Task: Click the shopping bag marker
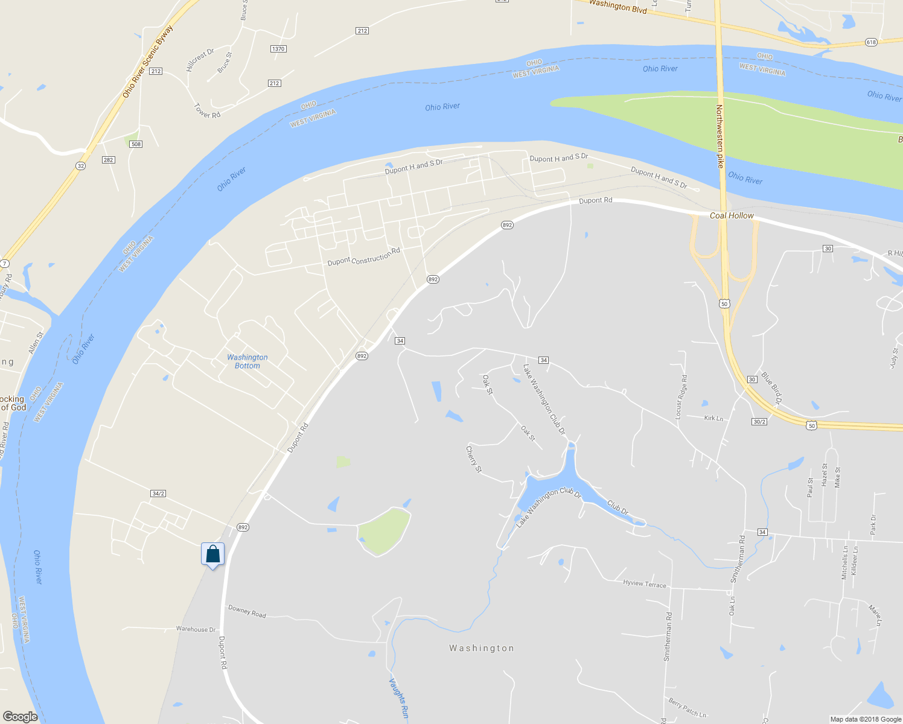(213, 554)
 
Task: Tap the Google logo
(20, 717)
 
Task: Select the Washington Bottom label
(247, 361)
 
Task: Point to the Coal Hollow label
(732, 215)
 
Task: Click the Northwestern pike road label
(720, 136)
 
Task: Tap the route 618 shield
(870, 42)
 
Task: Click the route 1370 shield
(278, 49)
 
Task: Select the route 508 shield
(136, 144)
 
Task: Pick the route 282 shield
(109, 160)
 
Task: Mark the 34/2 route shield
(158, 494)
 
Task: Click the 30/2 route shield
(759, 422)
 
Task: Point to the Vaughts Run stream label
(398, 699)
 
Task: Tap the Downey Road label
(247, 611)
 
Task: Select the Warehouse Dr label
(196, 629)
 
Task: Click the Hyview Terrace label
(645, 584)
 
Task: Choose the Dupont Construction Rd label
(363, 257)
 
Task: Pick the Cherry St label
(474, 459)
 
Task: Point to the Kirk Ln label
(713, 418)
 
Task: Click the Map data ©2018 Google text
(866, 719)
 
